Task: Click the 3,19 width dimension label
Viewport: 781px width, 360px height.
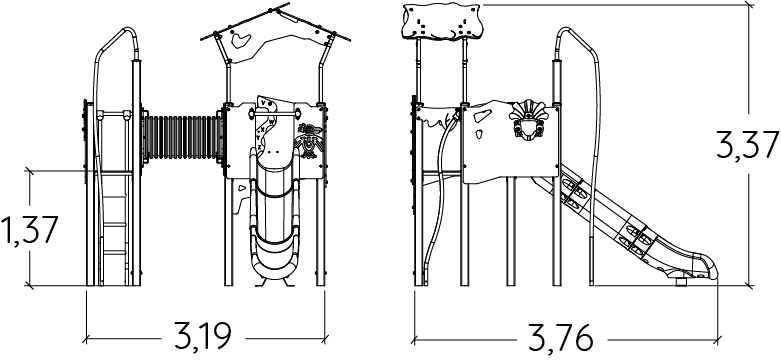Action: click(203, 336)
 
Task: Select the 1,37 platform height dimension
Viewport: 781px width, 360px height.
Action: click(30, 230)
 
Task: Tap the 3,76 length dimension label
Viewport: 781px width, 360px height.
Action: click(560, 338)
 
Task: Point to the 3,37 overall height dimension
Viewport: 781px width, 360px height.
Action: click(747, 144)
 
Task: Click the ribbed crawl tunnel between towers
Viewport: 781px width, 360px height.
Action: click(182, 137)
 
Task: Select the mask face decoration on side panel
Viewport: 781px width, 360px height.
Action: click(528, 119)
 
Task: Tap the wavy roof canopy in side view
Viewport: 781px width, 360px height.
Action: click(440, 21)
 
